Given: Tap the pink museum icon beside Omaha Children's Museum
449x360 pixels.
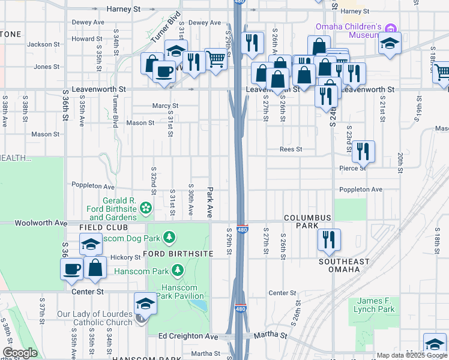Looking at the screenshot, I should [391, 28].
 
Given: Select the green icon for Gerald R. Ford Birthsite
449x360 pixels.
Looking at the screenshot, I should [145, 208].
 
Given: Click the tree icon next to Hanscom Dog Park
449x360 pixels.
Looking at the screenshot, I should [170, 237].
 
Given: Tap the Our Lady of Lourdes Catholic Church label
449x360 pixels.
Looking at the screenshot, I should [94, 318].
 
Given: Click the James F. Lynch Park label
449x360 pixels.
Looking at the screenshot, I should [376, 305].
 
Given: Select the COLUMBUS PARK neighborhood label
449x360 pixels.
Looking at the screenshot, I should [307, 221].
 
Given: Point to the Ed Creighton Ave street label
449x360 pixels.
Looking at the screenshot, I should [188, 337].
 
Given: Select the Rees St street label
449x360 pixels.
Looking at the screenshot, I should [290, 149].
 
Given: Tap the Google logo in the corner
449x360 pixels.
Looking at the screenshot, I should [20, 353].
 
